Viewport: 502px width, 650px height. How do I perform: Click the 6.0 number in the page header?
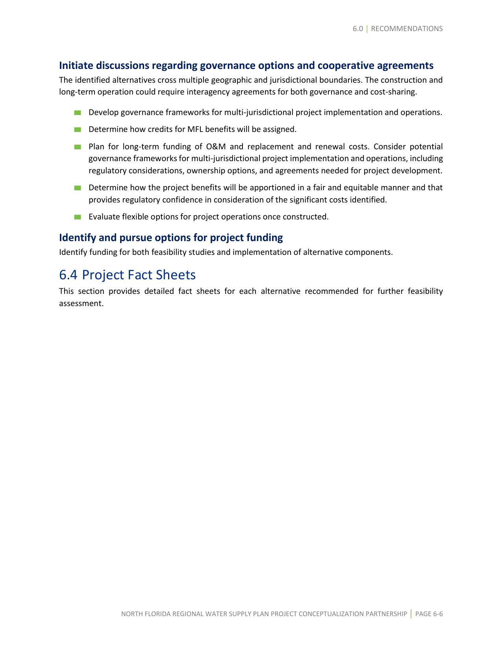(x=358, y=29)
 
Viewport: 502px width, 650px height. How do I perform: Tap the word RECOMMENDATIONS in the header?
(x=407, y=29)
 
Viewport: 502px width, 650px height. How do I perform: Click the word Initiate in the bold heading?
(x=76, y=65)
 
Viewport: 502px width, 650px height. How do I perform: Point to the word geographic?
(x=232, y=80)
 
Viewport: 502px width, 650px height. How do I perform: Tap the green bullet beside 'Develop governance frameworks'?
(x=78, y=113)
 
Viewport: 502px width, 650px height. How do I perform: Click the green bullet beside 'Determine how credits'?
(x=78, y=130)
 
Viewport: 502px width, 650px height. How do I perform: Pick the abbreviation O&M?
(x=215, y=147)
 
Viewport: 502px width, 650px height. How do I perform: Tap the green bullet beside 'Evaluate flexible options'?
(x=78, y=217)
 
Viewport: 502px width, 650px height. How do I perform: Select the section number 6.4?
(x=69, y=275)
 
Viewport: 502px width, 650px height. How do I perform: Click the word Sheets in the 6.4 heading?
(x=176, y=275)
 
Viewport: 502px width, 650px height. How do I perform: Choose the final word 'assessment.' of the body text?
(x=81, y=304)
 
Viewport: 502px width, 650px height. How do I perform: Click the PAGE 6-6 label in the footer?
(x=429, y=614)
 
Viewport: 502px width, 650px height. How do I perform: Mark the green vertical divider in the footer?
(x=411, y=614)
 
